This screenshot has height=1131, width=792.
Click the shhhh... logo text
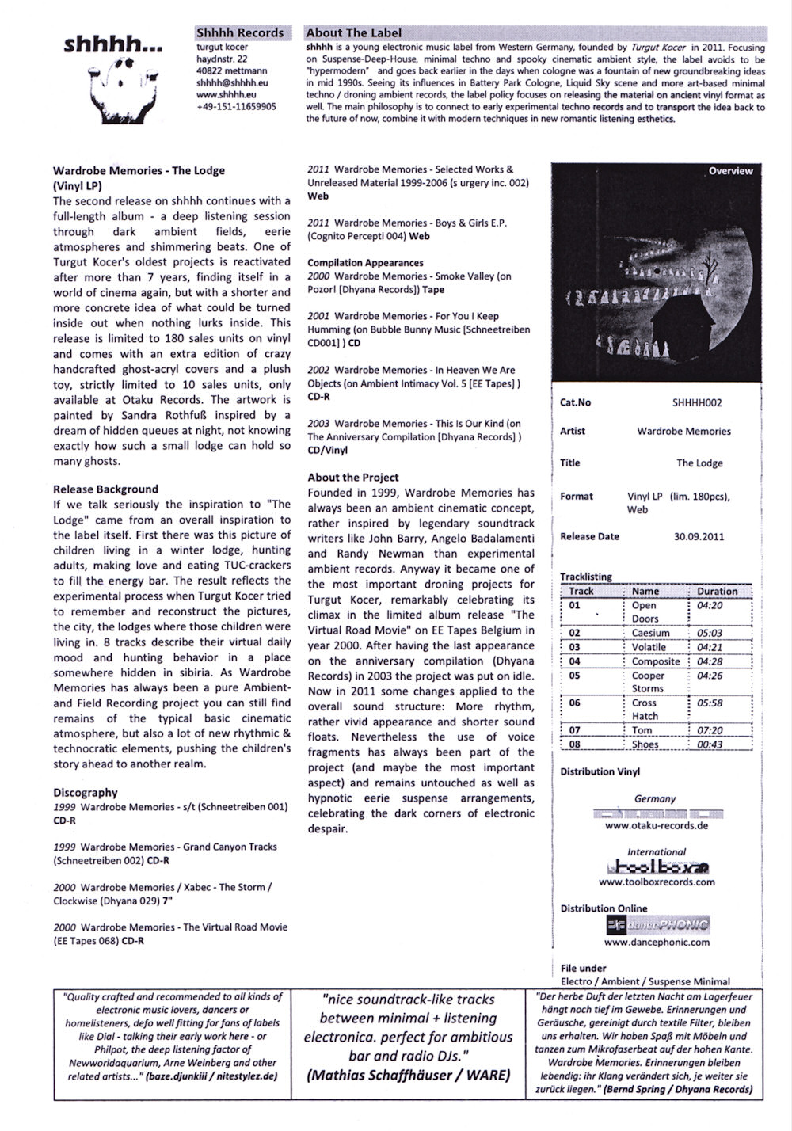point(113,45)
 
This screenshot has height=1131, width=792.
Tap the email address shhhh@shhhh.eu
point(232,82)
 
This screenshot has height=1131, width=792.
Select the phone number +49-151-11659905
point(236,106)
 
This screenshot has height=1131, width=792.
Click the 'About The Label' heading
point(353,32)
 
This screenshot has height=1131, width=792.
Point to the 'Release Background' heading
point(105,489)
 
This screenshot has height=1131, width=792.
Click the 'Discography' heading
point(86,792)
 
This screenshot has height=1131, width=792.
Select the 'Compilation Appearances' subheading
point(365,262)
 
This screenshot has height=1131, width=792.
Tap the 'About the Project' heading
point(353,477)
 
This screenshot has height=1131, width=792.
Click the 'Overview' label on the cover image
point(730,171)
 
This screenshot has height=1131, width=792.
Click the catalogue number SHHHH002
point(697,402)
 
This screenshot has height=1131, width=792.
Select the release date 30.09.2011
point(699,536)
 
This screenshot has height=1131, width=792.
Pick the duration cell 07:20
point(710,730)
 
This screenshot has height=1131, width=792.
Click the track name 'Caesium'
point(650,633)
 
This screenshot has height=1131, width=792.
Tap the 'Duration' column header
point(717,591)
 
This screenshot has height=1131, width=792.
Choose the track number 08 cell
point(575,744)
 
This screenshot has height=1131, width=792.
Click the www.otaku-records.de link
point(657,825)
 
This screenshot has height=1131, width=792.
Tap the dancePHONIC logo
point(657,924)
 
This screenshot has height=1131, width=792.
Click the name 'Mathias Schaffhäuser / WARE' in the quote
point(408,1075)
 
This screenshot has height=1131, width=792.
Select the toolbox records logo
point(657,866)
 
